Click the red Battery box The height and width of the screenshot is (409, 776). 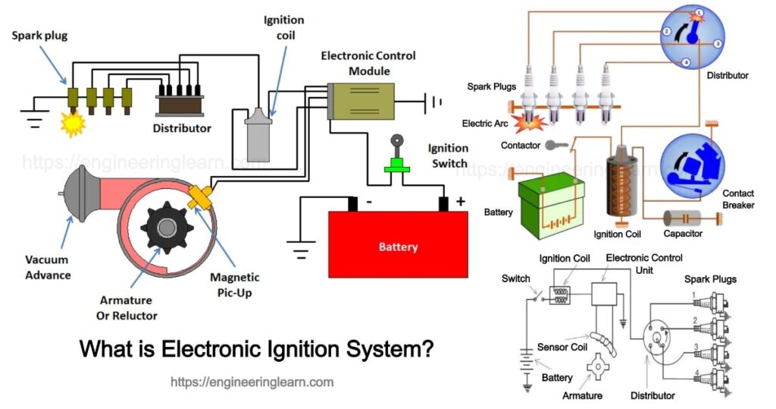(x=398, y=245)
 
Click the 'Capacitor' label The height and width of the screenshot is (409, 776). (x=683, y=234)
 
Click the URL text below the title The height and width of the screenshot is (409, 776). (x=252, y=382)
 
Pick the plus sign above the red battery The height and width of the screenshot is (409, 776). (x=461, y=202)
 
